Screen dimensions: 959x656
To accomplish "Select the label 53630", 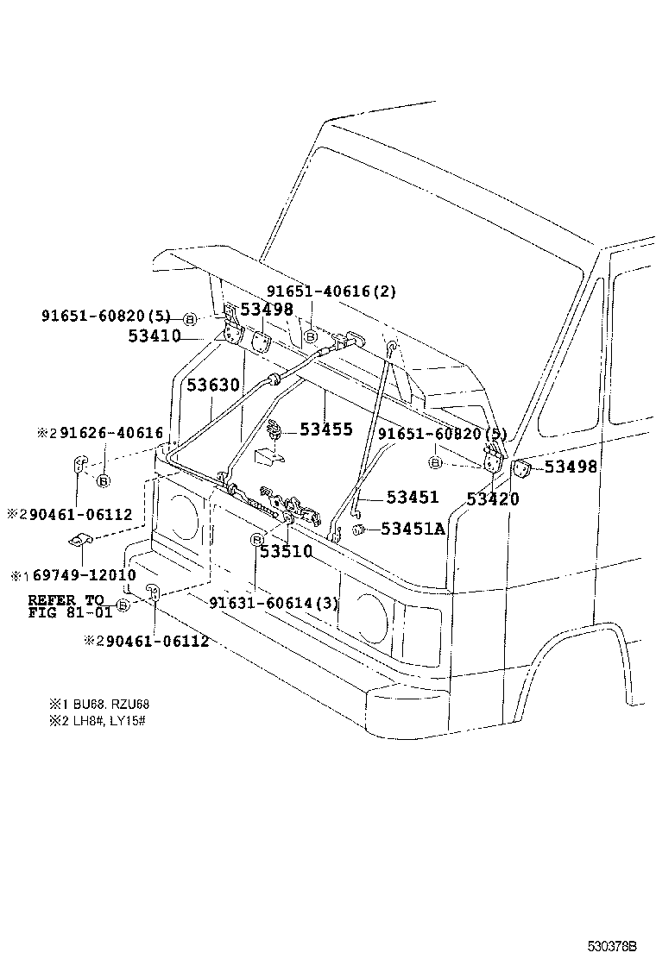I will tap(212, 385).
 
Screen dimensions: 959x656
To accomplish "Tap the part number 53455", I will tap(326, 429).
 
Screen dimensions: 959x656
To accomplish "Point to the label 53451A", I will tap(413, 529).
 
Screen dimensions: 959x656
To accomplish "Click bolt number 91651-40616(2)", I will tap(331, 291).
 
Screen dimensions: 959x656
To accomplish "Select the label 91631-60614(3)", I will tap(274, 603).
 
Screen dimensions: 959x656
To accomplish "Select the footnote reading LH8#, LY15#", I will tap(117, 720).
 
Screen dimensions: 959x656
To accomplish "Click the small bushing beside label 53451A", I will tap(366, 529).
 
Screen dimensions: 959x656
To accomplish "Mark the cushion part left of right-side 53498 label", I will tap(520, 467).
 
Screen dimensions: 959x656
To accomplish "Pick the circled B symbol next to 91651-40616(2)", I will tap(310, 336).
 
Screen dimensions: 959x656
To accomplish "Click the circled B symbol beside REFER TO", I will tap(122, 606).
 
